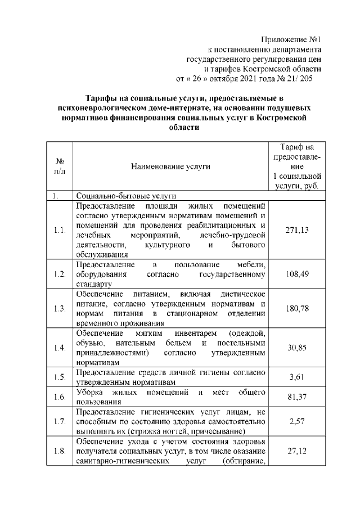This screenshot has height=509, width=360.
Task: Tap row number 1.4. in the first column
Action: pyautogui.click(x=59, y=348)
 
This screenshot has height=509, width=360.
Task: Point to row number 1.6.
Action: pyautogui.click(x=59, y=398)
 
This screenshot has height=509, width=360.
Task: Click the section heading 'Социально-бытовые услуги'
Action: pyautogui.click(x=127, y=196)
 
